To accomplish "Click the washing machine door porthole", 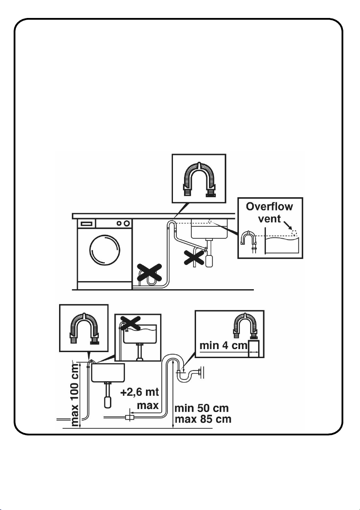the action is [104, 250].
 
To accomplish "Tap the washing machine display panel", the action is [86, 224].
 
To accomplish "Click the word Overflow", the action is [269, 207].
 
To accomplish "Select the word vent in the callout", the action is [269, 219].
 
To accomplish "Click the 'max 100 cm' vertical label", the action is [74, 395].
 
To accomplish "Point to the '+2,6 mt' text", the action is [140, 392].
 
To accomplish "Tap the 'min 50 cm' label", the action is [202, 408].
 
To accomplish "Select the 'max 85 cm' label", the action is [203, 419].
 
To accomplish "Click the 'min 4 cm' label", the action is [223, 345].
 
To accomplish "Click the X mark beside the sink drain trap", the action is [194, 257].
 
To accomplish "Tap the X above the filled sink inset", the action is [130, 322].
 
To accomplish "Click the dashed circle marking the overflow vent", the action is [295, 233].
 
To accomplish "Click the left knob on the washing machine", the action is [119, 223].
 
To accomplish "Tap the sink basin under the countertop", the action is [208, 228].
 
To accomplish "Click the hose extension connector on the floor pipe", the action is [130, 417].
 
